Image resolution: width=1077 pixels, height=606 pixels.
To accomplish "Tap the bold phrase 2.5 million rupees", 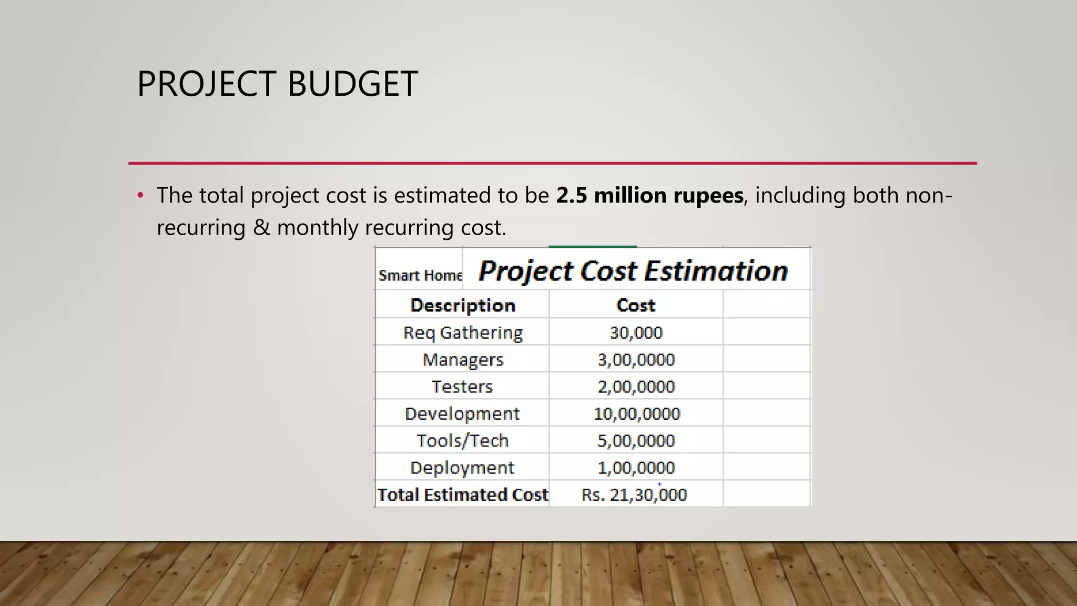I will [x=649, y=196].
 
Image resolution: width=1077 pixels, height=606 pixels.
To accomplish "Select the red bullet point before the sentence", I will [x=140, y=196].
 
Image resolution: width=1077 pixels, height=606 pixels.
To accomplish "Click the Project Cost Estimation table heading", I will [x=633, y=271].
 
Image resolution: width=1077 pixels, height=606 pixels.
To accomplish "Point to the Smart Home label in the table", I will [x=420, y=276].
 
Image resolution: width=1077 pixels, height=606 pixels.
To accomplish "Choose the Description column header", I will [x=463, y=306].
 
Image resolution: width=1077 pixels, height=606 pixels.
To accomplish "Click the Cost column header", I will [x=636, y=306].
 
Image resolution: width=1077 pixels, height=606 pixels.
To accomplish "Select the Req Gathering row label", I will [x=463, y=333].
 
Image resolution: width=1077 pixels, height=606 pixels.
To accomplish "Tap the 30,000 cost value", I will [x=636, y=333].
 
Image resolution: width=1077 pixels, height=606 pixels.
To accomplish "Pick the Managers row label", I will [x=463, y=360].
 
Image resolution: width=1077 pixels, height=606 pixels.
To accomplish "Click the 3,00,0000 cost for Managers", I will [x=636, y=360].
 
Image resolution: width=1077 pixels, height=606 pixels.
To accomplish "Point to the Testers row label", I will [x=462, y=387].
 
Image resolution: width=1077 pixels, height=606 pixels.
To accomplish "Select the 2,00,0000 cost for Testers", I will [x=636, y=387].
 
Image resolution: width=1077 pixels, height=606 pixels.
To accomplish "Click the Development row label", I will [x=462, y=414].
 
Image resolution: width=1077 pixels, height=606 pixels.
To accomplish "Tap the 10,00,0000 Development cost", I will [x=636, y=414].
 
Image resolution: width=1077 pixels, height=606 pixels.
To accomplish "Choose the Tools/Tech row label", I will [x=463, y=441].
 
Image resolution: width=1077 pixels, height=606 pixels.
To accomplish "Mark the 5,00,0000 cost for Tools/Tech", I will [x=636, y=441].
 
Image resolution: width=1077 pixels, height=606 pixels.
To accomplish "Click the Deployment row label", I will [x=462, y=468].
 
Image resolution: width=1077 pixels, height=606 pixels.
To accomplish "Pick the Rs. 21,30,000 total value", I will [x=634, y=495].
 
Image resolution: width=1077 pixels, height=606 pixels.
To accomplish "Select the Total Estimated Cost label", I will [x=463, y=495].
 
